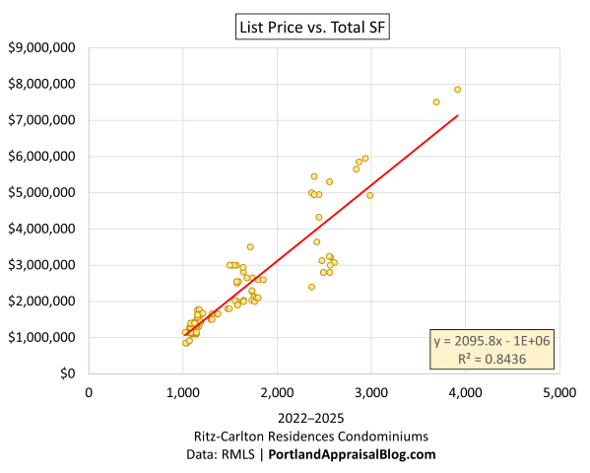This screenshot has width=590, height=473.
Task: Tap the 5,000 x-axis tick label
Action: coord(558,392)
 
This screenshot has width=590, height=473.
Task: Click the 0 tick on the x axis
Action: coord(89,392)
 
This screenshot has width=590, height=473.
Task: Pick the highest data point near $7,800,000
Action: coord(457,90)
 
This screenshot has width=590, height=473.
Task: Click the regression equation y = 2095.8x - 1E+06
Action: coord(492,341)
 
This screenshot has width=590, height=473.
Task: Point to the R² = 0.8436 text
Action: coord(492,358)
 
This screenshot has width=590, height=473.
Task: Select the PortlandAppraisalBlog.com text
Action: coord(354,454)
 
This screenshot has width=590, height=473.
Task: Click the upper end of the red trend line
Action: coord(457,115)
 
